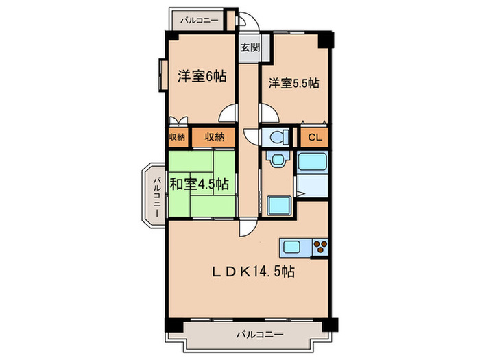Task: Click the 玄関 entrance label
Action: [250, 47]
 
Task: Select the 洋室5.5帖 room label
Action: [293, 83]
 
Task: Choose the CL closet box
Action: [315, 137]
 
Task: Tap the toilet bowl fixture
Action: [278, 136]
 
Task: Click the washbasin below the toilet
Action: [277, 160]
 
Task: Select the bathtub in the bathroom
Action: [313, 163]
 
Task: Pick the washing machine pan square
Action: [278, 205]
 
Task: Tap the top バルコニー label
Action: [199, 21]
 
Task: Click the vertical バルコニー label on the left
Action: [157, 197]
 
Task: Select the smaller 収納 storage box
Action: [177, 137]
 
